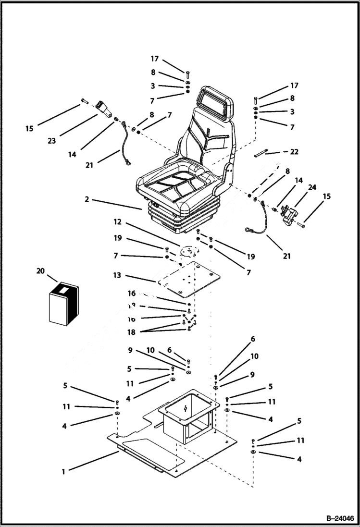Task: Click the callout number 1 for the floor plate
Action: click(63, 472)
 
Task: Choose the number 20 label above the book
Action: click(40, 271)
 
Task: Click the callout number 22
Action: click(294, 152)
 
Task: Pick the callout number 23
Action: click(52, 141)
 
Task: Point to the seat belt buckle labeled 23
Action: click(103, 109)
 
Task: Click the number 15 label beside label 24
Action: click(327, 196)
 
